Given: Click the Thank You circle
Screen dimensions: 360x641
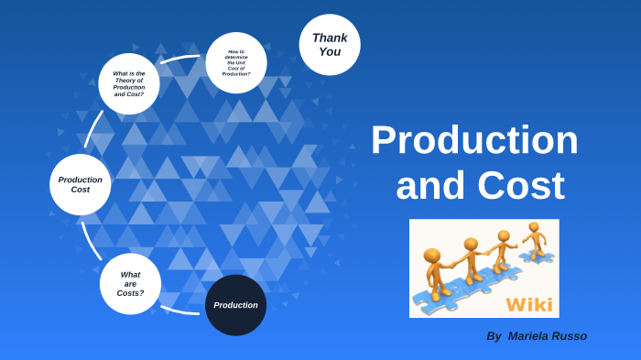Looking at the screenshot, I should pos(330,45).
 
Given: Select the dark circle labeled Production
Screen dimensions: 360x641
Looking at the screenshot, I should pos(235,305).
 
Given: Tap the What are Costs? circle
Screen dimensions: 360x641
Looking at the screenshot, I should pos(130,283).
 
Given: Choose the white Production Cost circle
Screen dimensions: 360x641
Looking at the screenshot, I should pos(81,184).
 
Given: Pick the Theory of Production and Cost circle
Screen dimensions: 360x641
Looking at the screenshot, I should pos(129,83).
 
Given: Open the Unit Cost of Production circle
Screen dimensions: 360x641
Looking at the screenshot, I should pos(236,62).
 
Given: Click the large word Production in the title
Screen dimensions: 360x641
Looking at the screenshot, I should pos(474,140).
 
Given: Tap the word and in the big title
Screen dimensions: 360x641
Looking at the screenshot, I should pos(430,185).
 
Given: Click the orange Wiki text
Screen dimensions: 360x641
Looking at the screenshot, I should pos(529,303).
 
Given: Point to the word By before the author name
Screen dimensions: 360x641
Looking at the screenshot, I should pos(494,336).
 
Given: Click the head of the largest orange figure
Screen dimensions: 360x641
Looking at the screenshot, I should pos(432,256).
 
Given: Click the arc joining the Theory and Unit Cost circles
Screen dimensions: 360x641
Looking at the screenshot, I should pos(180,58).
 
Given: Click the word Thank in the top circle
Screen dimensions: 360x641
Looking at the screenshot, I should pos(330,38).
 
